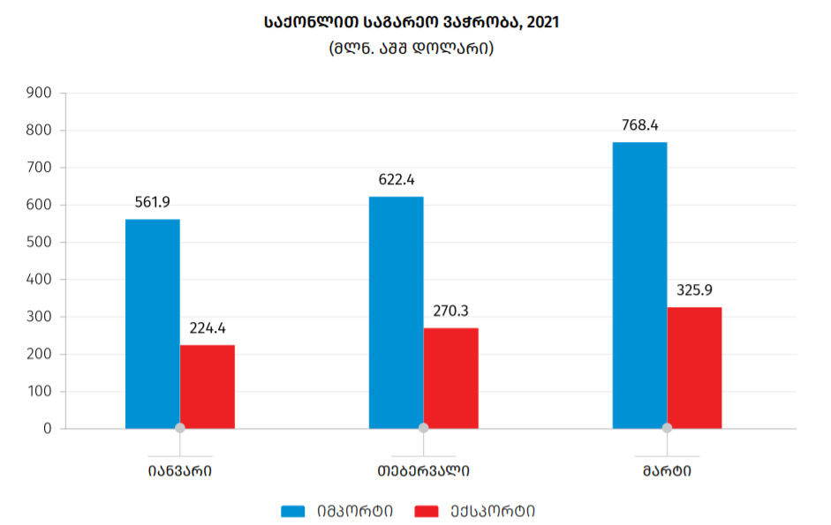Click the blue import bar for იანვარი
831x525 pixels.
(153, 324)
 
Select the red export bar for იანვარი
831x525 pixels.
(208, 386)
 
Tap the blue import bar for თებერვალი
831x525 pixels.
(397, 312)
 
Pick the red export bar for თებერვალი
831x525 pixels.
(451, 379)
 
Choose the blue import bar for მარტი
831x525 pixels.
(640, 285)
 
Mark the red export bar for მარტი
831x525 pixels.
(695, 368)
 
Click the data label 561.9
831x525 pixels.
(153, 202)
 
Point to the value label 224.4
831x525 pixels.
(208, 328)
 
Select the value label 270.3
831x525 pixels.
(451, 311)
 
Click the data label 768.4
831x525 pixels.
(640, 125)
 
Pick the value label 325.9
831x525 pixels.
(695, 290)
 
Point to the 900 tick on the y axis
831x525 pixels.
(41, 93)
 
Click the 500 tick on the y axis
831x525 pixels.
(41, 242)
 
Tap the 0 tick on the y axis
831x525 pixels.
(48, 429)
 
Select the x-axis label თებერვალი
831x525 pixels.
(423, 470)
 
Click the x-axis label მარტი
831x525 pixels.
(667, 470)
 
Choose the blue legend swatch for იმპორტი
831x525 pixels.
(293, 511)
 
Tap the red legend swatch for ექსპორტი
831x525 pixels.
(427, 511)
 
